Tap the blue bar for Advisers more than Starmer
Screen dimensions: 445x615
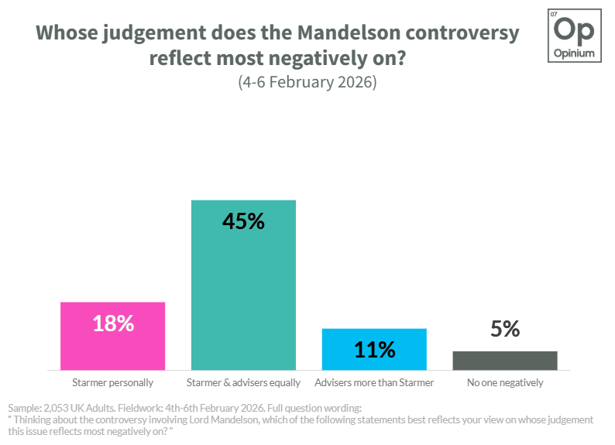(374, 349)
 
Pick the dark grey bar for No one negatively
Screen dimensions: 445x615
(504, 361)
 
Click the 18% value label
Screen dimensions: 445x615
(113, 323)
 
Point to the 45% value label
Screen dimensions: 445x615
(243, 221)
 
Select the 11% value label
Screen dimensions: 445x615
(374, 350)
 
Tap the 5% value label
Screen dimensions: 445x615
(504, 330)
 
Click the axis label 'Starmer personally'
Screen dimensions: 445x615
(112, 382)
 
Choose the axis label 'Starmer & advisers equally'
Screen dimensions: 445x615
(243, 382)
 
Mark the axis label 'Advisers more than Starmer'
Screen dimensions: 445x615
(374, 382)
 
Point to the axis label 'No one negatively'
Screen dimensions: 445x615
(504, 382)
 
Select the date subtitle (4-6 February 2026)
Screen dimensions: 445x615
(307, 82)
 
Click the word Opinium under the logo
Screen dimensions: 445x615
(574, 53)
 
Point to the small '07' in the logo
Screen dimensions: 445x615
(553, 15)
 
